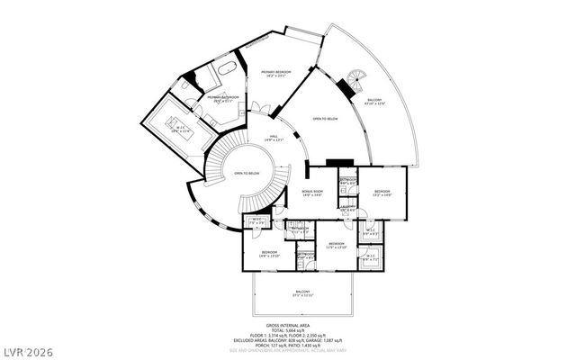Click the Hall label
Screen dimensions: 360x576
pyautogui.click(x=270, y=137)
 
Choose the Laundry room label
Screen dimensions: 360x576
pyautogui.click(x=346, y=208)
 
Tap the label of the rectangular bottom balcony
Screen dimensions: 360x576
pyautogui.click(x=303, y=292)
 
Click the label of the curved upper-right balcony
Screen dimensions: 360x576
pyautogui.click(x=373, y=102)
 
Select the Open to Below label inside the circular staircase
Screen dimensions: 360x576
pyautogui.click(x=247, y=173)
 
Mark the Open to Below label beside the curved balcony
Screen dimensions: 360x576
pyautogui.click(x=325, y=118)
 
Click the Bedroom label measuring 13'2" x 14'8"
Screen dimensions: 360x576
pyautogui.click(x=382, y=192)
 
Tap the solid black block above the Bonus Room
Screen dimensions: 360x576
pyautogui.click(x=338, y=162)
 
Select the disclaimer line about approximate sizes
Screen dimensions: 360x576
pyautogui.click(x=288, y=352)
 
